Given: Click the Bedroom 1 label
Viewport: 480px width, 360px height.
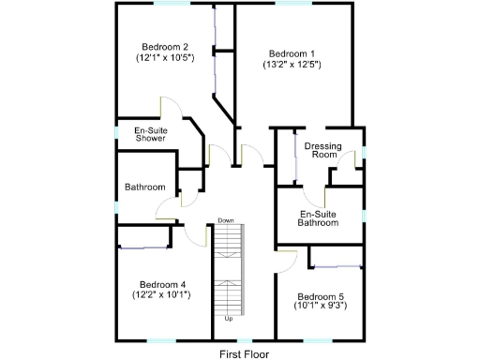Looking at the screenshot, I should (292, 53).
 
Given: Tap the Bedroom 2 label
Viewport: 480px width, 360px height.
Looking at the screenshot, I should (166, 47).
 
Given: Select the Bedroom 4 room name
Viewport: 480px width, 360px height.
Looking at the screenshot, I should (163, 284).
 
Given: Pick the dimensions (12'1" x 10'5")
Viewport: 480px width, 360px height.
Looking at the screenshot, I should (165, 58).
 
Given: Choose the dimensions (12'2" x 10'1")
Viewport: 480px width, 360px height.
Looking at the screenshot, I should (162, 295).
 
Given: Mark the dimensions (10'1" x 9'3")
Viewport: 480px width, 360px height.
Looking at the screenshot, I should (319, 306).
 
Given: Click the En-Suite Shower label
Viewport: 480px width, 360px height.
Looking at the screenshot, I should (150, 134).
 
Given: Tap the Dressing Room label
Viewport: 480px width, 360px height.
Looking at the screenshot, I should (322, 151).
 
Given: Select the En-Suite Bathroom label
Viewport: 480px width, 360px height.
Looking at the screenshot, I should (318, 218).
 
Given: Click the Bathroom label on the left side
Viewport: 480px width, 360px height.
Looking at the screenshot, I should (145, 187).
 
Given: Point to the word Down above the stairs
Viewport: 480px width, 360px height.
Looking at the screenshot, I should (226, 220).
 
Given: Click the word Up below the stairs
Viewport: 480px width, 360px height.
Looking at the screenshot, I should (228, 319).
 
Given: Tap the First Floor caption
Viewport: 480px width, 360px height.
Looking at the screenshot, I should (245, 353).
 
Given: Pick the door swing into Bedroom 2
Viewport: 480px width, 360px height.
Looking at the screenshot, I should (170, 107).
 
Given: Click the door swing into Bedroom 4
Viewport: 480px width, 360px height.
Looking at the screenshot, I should (196, 234).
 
